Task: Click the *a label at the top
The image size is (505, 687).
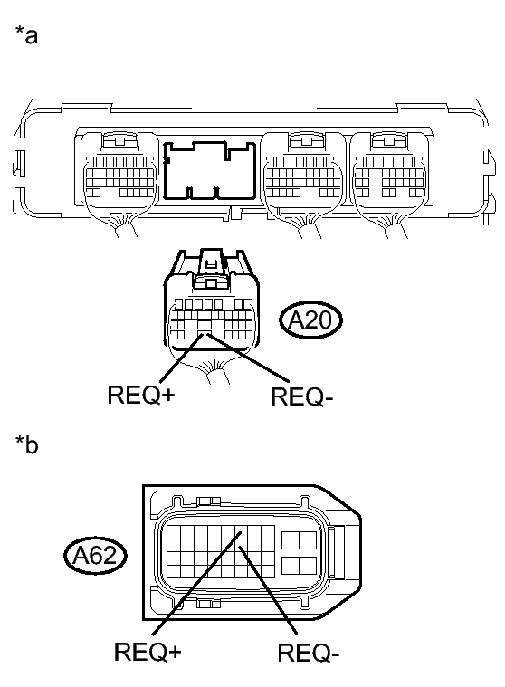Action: tap(27, 35)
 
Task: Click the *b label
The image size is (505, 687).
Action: tap(27, 444)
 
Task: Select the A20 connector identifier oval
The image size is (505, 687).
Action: tap(310, 320)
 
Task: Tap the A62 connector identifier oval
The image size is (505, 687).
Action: tap(95, 556)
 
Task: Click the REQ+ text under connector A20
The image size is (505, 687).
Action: tap(141, 395)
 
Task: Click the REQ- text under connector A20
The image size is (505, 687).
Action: tap(301, 397)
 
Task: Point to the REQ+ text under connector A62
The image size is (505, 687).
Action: tap(148, 652)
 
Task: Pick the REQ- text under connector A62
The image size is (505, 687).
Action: tap(309, 654)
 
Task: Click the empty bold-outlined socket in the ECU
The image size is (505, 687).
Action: tap(209, 170)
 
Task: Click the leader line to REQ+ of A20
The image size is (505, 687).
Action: tap(182, 358)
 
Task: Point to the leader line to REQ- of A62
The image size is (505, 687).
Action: tap(268, 590)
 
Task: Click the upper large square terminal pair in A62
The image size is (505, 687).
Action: tap(300, 539)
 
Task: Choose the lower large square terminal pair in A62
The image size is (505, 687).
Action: tap(300, 566)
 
